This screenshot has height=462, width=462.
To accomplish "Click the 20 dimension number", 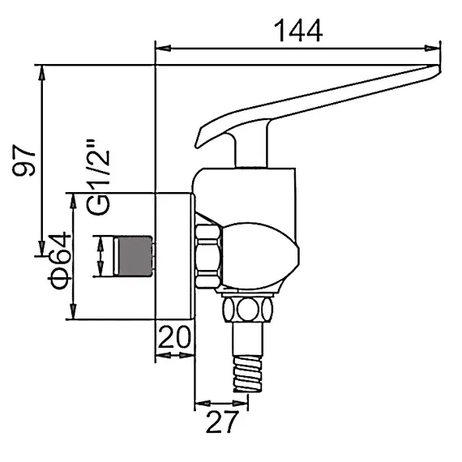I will point(174,336).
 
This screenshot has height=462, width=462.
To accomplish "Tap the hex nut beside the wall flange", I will point(207,255).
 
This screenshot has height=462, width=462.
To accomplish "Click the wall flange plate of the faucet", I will point(174,256).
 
